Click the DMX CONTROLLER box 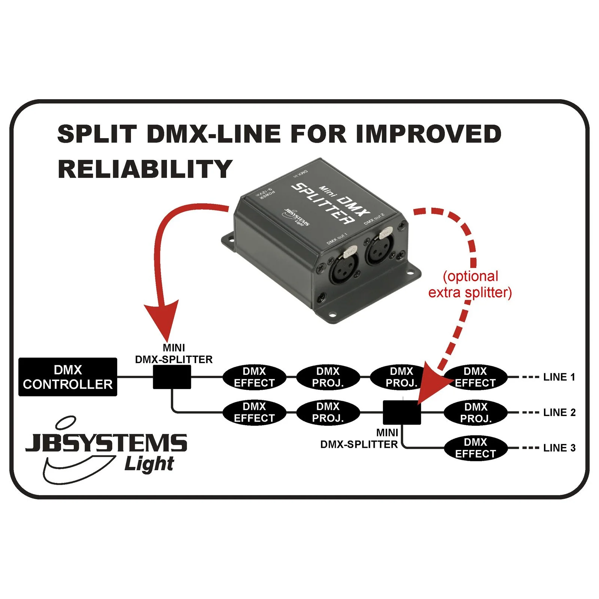pos(68,377)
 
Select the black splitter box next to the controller pos(172,377)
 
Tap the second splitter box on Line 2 pos(402,412)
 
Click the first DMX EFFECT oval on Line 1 pos(254,377)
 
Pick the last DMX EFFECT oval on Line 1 pos(475,377)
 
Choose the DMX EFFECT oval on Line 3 pos(475,448)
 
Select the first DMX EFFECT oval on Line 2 pos(254,412)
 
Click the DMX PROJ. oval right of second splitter pos(475,412)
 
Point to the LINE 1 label pos(559,377)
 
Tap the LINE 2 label pos(559,412)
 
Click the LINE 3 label pos(559,448)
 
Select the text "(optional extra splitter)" pos(470,285)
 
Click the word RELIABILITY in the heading pos(145,169)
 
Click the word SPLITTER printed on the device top pos(323,204)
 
